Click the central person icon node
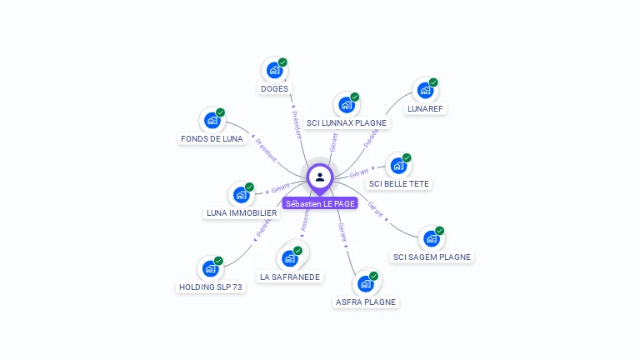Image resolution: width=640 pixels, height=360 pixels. coord(320,177)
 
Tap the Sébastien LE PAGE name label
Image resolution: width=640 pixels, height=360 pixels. coord(320,203)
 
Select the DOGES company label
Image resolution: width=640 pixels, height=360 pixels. coord(274,88)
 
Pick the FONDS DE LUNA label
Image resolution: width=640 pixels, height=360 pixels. coord(212,138)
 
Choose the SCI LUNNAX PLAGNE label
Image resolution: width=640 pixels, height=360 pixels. coord(347,122)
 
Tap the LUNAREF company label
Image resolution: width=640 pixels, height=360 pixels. coord(425,108)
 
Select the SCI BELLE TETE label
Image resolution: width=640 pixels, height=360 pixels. coord(400,183)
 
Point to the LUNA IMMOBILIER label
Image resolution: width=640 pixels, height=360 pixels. coord(242,212)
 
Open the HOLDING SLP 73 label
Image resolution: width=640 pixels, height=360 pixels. coord(211,287)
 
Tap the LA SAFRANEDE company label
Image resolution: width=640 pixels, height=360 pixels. coord(290,277)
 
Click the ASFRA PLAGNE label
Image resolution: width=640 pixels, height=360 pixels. coord(365,302)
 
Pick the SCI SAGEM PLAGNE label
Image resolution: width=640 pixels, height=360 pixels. coord(432,257)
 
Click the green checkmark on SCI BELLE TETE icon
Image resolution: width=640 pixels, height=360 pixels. coord(407,157)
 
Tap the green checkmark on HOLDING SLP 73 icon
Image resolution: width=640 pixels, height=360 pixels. coord(218,261)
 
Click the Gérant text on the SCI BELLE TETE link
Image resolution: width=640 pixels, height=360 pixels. coord(359,172)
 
